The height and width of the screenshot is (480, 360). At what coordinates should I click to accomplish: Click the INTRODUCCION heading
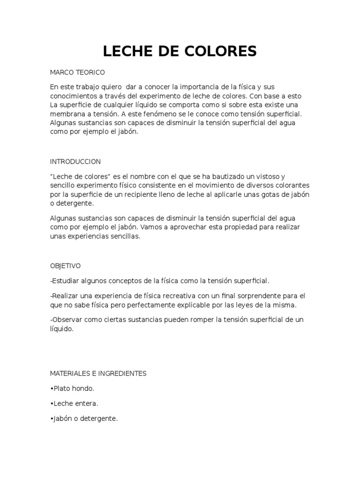75,161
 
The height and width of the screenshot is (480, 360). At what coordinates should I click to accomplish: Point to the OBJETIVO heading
65,266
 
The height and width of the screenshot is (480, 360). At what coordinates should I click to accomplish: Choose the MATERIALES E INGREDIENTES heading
98,374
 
